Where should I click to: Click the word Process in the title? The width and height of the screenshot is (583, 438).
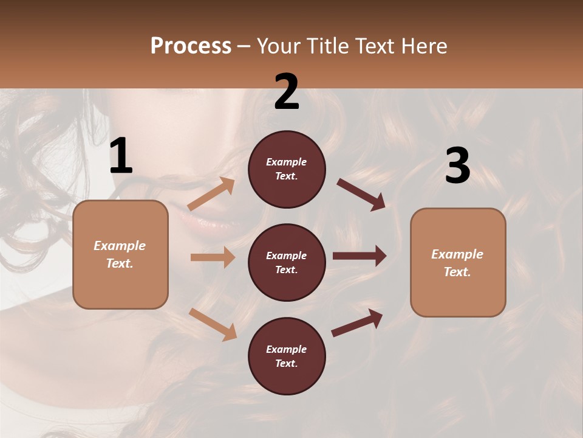point(191,46)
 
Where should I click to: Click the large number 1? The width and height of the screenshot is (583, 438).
point(121,157)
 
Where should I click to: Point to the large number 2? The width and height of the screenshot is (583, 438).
point(287,92)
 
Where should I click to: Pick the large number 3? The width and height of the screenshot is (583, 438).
point(457,166)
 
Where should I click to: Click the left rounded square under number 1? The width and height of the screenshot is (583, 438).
point(120,254)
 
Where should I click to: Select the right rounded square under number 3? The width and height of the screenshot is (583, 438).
point(458,263)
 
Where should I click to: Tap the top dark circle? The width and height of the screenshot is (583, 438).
point(287,169)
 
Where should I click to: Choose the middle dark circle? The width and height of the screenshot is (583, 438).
point(287,263)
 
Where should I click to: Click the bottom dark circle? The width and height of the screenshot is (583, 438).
point(287,356)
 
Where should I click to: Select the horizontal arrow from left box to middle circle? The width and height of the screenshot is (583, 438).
point(213,257)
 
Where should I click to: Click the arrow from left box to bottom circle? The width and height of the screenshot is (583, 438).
point(213,324)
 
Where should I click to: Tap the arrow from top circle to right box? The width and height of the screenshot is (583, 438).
point(361,194)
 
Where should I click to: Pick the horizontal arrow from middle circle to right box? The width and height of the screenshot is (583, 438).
point(360,256)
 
